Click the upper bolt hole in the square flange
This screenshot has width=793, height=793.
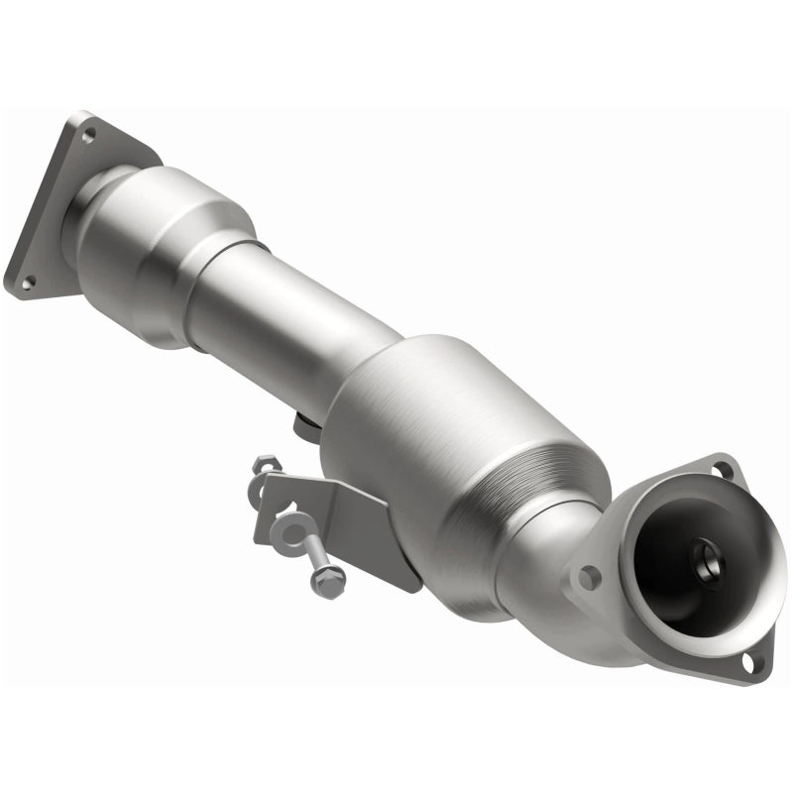(x=88, y=134)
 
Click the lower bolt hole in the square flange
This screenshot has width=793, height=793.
(x=26, y=283)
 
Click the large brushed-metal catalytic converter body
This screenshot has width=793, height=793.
(x=446, y=436)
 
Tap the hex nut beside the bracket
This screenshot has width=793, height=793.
(x=265, y=466)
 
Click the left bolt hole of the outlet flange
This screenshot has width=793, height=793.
(x=589, y=576)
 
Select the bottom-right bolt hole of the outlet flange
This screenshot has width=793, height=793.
(x=752, y=661)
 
